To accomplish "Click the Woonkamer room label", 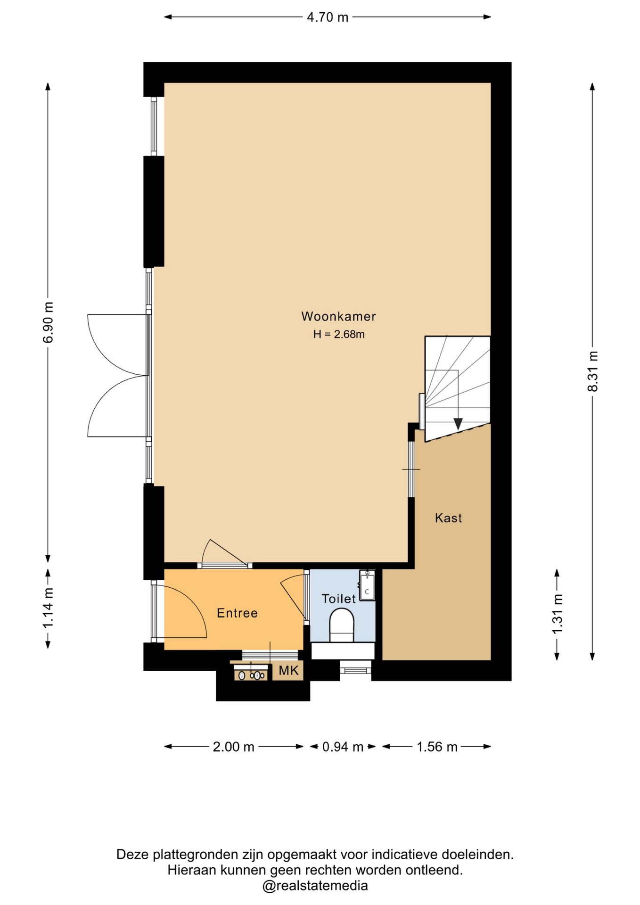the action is (338, 316).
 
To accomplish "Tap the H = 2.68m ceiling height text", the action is (339, 334).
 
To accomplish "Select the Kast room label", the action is (448, 518).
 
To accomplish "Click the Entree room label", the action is (237, 613).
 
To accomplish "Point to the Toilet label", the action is (338, 599).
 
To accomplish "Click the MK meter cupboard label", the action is (288, 670).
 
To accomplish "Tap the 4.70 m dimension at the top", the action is (328, 17).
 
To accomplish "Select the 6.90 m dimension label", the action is (48, 322).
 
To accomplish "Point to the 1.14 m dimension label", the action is (48, 608).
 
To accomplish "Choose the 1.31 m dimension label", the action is (557, 614).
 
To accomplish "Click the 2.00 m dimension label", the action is (234, 747).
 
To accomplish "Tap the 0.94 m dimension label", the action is (343, 747).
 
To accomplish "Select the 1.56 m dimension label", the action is (437, 747).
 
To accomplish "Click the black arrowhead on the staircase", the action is (457, 424).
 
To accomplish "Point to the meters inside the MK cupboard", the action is (251, 675).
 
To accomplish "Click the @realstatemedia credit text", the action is (315, 886).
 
